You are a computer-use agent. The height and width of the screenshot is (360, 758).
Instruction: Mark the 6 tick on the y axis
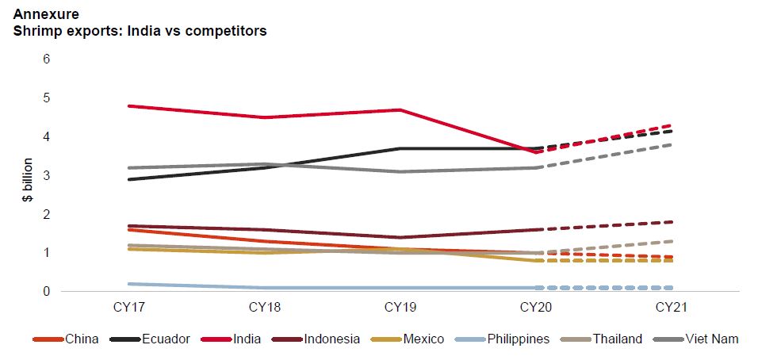[x=46, y=59]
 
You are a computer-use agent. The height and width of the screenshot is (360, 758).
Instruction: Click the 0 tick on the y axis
[x=46, y=292]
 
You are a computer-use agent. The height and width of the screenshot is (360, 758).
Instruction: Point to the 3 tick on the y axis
[x=46, y=175]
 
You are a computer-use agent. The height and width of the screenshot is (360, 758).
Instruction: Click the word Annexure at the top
[x=46, y=14]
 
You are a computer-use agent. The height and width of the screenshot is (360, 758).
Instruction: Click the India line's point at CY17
[x=129, y=105]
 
